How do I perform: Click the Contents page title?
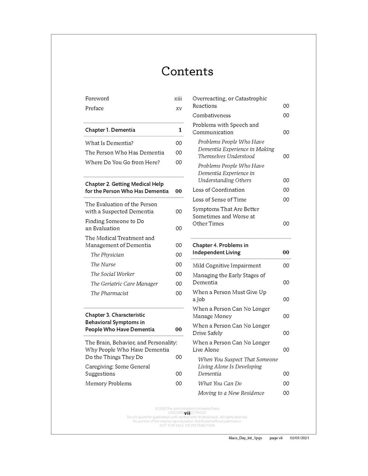click(x=187, y=71)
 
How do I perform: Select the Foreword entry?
click(x=97, y=99)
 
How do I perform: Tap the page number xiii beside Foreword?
click(x=178, y=99)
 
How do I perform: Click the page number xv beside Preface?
click(x=179, y=109)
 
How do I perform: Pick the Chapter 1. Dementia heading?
click(x=110, y=130)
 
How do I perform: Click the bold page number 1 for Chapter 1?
click(x=180, y=130)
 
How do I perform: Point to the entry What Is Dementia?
click(x=109, y=143)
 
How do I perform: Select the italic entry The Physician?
click(x=107, y=255)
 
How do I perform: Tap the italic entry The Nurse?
click(x=103, y=264)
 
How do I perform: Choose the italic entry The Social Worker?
click(x=113, y=274)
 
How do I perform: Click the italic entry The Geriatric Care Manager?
click(x=124, y=284)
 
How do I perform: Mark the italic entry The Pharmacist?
click(x=110, y=293)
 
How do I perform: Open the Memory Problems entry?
click(x=108, y=383)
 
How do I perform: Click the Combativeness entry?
click(x=212, y=116)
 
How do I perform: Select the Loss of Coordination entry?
click(x=219, y=190)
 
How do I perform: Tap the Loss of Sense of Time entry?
click(x=219, y=199)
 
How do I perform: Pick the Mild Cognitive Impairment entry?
click(x=227, y=266)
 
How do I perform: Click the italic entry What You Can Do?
click(x=220, y=383)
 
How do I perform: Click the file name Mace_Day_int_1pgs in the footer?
click(x=245, y=438)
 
